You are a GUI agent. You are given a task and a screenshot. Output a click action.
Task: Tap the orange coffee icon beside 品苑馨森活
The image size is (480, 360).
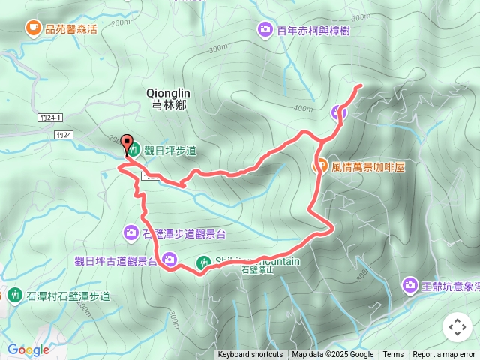[33, 28]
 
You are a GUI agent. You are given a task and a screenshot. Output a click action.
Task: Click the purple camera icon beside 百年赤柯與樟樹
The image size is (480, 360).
[265, 30]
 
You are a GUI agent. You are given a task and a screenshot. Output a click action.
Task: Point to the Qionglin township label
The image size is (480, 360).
[168, 93]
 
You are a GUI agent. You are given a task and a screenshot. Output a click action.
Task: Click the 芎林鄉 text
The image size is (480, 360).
[168, 106]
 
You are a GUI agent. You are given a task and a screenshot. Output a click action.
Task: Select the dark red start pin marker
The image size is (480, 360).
[127, 143]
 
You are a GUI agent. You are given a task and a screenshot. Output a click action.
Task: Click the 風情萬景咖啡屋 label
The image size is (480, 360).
[368, 166]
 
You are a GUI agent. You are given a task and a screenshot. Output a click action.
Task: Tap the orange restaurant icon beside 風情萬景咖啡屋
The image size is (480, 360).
[320, 166]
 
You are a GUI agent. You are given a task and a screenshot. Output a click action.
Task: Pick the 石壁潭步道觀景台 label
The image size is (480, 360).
[184, 234]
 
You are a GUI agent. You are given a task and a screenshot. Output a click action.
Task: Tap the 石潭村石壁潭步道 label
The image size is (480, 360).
[68, 295]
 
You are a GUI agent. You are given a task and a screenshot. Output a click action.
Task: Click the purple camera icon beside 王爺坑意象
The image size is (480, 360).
[409, 285]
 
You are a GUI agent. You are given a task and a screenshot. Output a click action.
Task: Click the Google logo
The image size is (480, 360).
[28, 349]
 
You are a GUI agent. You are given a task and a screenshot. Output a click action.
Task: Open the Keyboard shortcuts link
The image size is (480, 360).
[250, 355]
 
